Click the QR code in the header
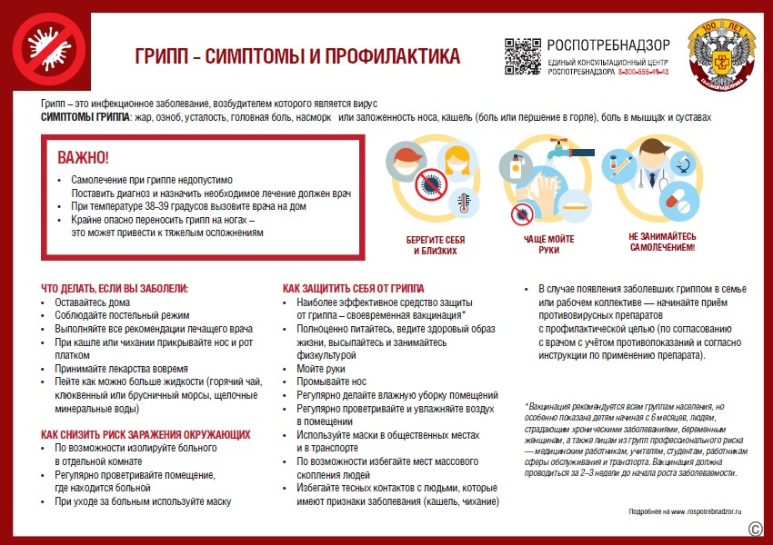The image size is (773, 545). pos(522,56)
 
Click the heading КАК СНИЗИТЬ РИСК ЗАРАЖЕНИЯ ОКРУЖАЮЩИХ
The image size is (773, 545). pos(146,435)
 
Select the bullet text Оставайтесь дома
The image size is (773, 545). pos(92,302)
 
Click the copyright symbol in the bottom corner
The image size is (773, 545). pos(754,528)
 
